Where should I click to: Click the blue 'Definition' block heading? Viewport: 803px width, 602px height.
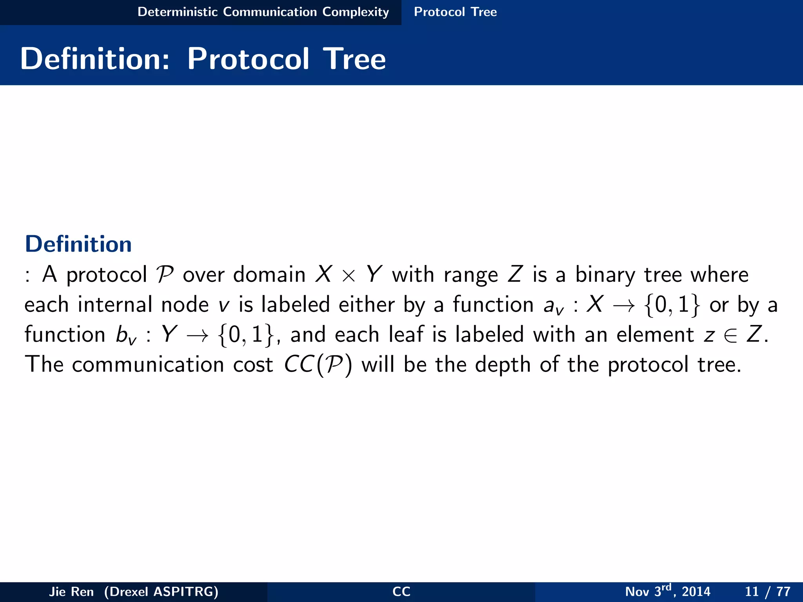point(78,244)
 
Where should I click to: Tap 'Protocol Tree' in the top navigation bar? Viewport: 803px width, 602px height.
point(455,12)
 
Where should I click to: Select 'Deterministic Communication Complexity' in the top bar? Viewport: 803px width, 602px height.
point(263,12)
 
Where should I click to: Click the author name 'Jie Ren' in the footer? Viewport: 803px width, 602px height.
point(71,591)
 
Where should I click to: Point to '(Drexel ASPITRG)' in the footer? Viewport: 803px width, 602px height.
point(161,591)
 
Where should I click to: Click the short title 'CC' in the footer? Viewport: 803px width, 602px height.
point(401,591)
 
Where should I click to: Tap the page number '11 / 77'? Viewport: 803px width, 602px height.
point(767,591)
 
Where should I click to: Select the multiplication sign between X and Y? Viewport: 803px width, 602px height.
point(348,276)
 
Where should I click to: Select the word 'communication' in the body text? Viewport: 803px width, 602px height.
point(148,364)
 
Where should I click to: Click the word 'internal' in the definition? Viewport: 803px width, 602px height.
point(114,305)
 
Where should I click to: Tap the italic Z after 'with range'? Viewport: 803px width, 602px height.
point(515,274)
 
